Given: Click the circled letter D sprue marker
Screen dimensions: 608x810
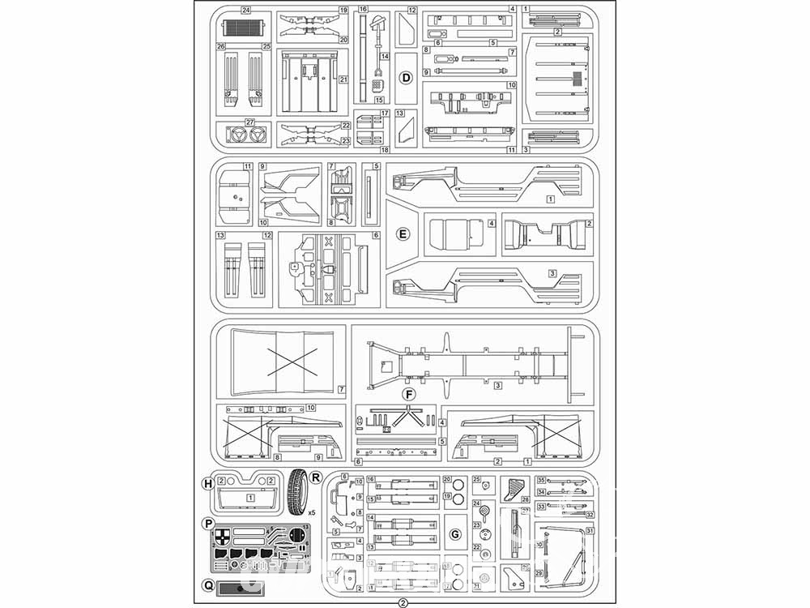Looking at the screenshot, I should tap(407, 78).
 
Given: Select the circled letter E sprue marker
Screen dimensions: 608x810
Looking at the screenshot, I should tap(402, 233).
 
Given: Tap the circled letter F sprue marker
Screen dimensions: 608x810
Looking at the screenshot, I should tap(409, 395).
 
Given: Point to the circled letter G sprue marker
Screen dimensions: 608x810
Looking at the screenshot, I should tap(455, 533).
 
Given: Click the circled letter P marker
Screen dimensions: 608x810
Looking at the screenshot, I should tap(207, 522).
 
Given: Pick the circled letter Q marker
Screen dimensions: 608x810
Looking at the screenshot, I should tap(207, 584).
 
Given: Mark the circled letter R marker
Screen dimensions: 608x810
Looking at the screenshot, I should tap(316, 477).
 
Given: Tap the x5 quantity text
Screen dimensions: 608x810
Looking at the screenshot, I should tap(311, 512).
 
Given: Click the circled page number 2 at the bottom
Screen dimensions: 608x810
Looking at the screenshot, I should tap(403, 602).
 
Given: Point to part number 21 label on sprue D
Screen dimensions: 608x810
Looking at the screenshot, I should tap(343, 79).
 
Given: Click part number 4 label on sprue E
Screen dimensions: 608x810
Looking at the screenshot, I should tap(491, 223).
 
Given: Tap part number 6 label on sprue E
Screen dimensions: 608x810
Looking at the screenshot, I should tap(376, 235).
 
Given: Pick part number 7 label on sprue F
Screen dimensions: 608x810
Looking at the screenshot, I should tap(342, 389).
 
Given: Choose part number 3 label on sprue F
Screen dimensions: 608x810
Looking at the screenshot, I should tap(498, 385).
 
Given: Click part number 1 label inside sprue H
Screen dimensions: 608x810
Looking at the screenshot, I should tap(250, 497).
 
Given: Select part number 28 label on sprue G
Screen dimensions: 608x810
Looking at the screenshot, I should tap(524, 499).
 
